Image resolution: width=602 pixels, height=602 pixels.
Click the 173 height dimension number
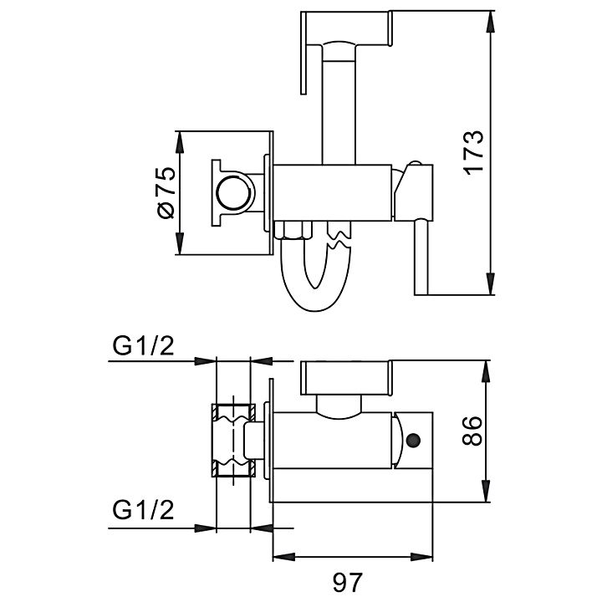point(474,152)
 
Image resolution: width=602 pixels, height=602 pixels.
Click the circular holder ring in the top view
point(232,194)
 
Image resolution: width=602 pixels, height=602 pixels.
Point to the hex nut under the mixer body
point(292,232)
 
